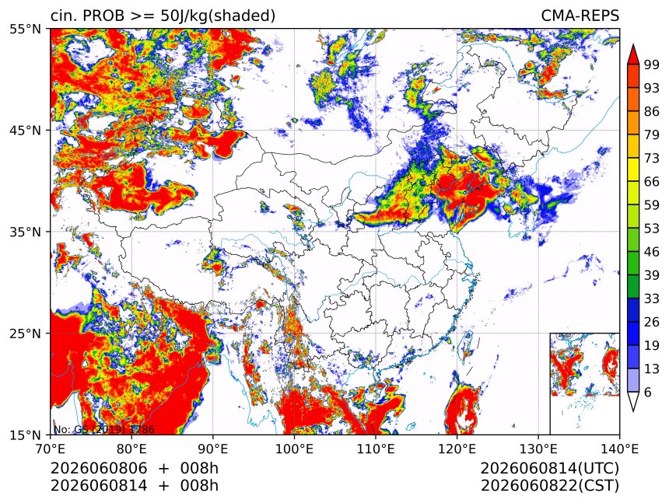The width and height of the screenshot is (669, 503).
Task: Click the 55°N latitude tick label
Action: pos(25,30)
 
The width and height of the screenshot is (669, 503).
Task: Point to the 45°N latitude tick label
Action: pos(25,131)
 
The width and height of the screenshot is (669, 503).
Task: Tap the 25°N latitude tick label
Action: pos(25,334)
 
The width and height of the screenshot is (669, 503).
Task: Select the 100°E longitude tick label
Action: pos(295,449)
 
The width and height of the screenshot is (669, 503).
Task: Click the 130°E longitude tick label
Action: pos(538,449)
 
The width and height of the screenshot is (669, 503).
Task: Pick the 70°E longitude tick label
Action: pos(51,449)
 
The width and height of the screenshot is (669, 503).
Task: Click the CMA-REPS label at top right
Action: pos(580,16)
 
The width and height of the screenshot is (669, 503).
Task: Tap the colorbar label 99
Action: pos(652,65)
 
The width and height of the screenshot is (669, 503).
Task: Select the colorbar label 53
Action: pos(652,229)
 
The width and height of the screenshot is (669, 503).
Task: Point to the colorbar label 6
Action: pos(648,392)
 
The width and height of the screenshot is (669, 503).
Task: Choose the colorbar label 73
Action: pos(652,158)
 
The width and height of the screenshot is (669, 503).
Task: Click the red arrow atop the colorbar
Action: pos(633,55)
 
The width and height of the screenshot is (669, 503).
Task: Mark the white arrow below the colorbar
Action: pos(633,400)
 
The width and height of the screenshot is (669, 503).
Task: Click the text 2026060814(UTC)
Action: pos(549,469)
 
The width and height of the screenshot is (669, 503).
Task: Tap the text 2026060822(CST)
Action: pos(549,486)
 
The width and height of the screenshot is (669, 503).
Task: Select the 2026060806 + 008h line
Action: pos(135,469)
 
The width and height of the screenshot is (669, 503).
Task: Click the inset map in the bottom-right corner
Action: pos(584,383)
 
